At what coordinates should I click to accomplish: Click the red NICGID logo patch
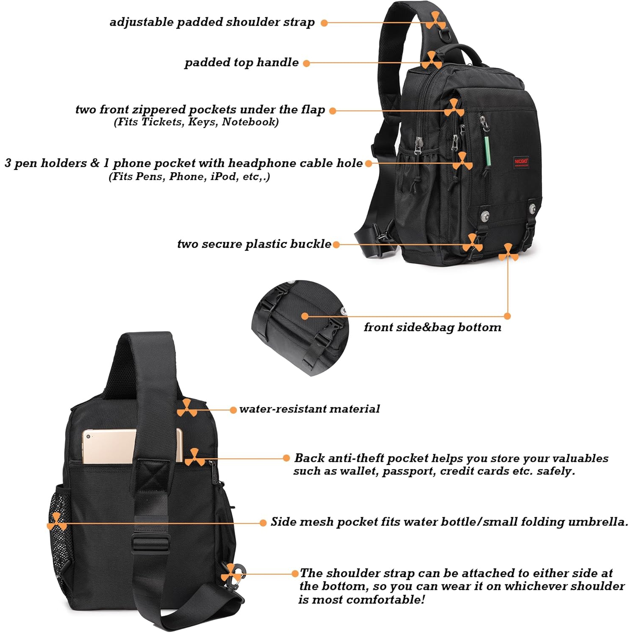[521, 162]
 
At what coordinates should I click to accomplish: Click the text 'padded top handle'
[242, 62]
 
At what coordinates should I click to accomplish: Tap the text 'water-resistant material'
[309, 409]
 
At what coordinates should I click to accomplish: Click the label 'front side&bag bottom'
[432, 327]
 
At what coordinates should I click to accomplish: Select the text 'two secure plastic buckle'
[254, 244]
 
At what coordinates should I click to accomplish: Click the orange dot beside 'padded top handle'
[307, 63]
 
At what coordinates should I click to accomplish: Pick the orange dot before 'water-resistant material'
[233, 410]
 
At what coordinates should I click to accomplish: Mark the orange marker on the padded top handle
[431, 61]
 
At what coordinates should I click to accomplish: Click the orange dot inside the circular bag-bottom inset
[305, 316]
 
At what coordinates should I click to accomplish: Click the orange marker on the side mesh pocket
[56, 522]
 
